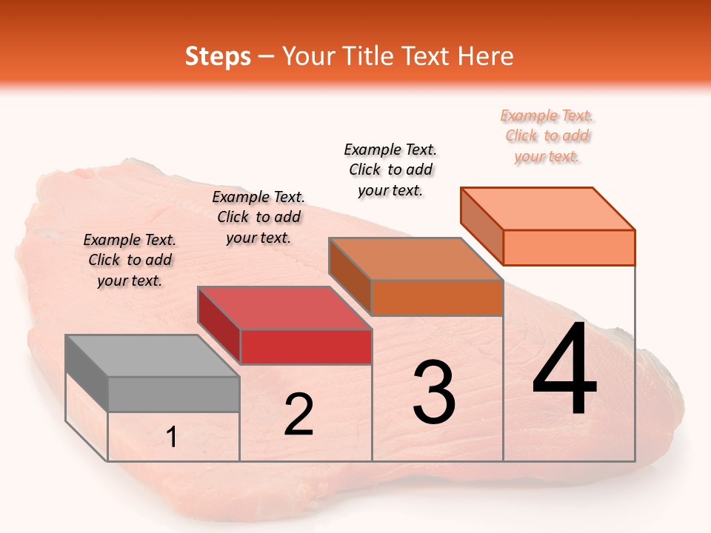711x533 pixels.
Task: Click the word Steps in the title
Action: click(x=218, y=56)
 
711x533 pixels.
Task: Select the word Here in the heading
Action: click(x=485, y=56)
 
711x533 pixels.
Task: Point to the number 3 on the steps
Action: click(x=433, y=393)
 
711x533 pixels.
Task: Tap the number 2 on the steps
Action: click(x=298, y=415)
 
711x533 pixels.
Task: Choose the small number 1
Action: click(x=171, y=438)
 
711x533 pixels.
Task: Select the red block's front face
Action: click(x=306, y=346)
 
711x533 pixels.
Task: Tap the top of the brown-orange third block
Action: click(x=415, y=260)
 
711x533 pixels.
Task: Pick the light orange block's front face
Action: click(x=569, y=247)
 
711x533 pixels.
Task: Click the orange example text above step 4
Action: click(x=547, y=136)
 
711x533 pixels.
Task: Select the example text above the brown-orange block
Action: click(x=390, y=170)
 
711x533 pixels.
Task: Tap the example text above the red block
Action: click(x=258, y=217)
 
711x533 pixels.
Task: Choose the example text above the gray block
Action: click(x=130, y=260)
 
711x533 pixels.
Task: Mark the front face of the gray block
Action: click(x=174, y=394)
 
